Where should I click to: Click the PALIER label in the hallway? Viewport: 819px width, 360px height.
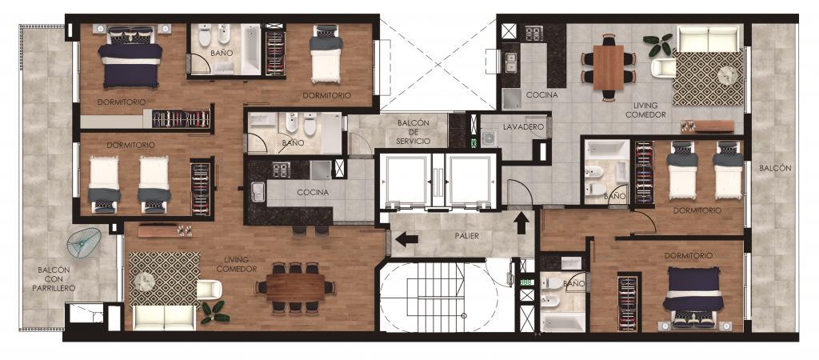tap(466, 236)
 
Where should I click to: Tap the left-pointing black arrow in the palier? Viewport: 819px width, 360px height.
tap(407, 240)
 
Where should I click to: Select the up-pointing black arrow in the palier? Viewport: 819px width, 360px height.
tap(521, 224)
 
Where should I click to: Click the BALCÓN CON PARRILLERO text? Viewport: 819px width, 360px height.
tap(57, 279)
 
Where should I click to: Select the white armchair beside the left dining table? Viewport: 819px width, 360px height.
tap(209, 290)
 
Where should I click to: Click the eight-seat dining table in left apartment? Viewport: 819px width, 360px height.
tap(296, 287)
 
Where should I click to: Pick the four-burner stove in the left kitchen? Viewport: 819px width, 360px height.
tap(282, 170)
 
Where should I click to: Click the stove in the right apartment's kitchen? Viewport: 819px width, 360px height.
tap(534, 34)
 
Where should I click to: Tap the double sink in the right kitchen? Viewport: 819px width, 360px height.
tap(510, 61)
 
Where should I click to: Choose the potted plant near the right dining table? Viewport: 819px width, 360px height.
tap(658, 45)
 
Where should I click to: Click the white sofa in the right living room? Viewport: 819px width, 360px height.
tap(708, 38)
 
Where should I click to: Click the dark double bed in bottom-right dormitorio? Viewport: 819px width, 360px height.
tap(693, 297)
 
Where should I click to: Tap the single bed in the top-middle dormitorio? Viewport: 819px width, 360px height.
tap(326, 54)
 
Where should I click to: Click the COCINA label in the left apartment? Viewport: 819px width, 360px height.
tap(313, 192)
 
